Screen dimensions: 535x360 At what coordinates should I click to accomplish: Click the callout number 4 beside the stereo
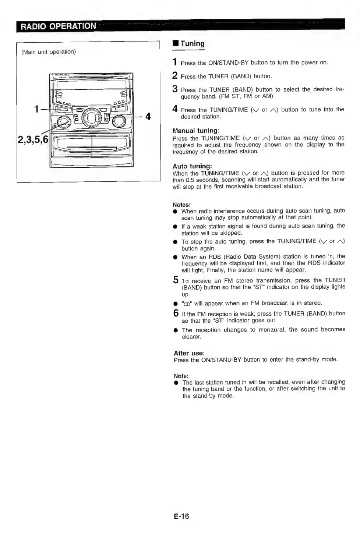tap(148, 117)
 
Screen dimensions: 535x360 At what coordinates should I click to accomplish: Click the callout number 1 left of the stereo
tap(36, 109)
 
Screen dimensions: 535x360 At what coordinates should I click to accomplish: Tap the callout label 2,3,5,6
tap(33, 139)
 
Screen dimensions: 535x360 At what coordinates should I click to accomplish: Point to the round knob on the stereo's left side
tap(64, 122)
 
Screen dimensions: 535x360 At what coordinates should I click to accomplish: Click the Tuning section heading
tap(192, 43)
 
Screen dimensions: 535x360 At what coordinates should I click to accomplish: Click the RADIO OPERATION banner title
tap(58, 26)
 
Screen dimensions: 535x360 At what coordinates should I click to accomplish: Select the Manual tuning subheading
tap(196, 131)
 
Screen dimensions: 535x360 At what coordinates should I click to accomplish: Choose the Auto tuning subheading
tap(192, 166)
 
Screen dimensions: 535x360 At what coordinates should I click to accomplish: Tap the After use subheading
tap(189, 353)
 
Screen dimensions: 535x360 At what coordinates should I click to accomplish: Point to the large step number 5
tap(176, 280)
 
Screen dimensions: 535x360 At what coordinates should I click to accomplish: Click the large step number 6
tap(176, 313)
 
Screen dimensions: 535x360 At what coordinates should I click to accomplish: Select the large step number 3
tap(175, 89)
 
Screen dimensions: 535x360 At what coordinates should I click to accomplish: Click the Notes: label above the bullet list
tap(181, 205)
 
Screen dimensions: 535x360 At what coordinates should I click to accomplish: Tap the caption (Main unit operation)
tap(49, 52)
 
